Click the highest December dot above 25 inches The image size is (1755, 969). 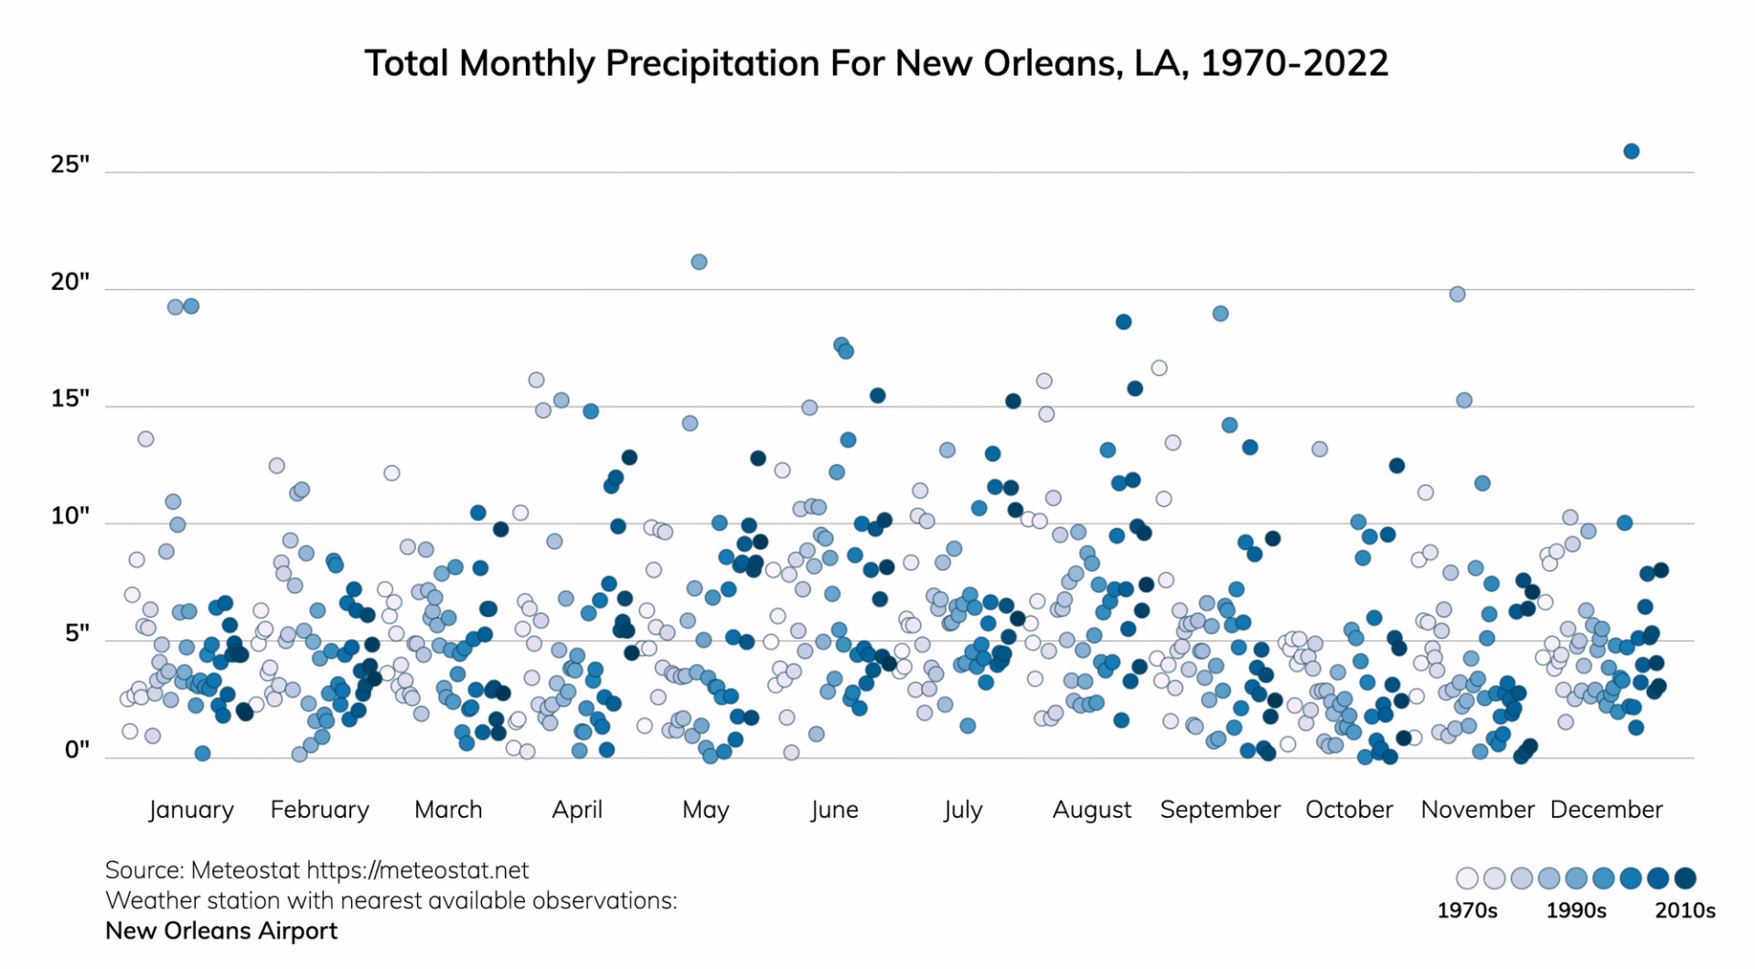(x=1631, y=151)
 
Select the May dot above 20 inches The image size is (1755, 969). (x=699, y=262)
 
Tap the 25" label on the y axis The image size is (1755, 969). (x=70, y=165)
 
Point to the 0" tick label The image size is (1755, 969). (x=77, y=750)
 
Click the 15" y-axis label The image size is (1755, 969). (x=70, y=399)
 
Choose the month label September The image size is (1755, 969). (x=1219, y=810)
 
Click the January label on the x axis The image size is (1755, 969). (x=191, y=810)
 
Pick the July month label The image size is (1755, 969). (x=962, y=810)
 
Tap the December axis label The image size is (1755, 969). (x=1606, y=810)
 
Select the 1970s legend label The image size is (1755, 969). (x=1467, y=910)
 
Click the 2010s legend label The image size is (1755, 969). (x=1685, y=910)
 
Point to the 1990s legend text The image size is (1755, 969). (x=1576, y=910)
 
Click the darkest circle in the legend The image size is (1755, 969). (x=1685, y=878)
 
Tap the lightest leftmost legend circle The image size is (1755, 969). (x=1467, y=878)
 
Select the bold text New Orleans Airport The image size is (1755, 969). (x=221, y=931)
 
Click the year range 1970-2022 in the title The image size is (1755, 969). (x=1294, y=63)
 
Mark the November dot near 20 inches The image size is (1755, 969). (x=1457, y=294)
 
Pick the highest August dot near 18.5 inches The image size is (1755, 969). (x=1123, y=321)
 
